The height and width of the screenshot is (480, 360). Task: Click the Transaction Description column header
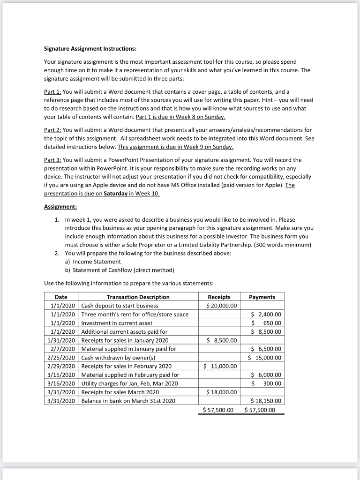(x=138, y=297)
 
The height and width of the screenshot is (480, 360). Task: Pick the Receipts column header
(x=218, y=297)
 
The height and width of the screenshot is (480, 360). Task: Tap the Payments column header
(x=262, y=297)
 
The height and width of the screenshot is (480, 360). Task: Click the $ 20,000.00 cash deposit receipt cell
(x=221, y=306)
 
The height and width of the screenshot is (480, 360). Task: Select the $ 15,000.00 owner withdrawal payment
(x=264, y=357)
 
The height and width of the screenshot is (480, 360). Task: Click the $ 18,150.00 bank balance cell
(x=265, y=401)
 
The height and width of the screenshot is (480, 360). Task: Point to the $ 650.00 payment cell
(x=266, y=323)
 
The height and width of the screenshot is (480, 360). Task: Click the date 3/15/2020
(x=62, y=375)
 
